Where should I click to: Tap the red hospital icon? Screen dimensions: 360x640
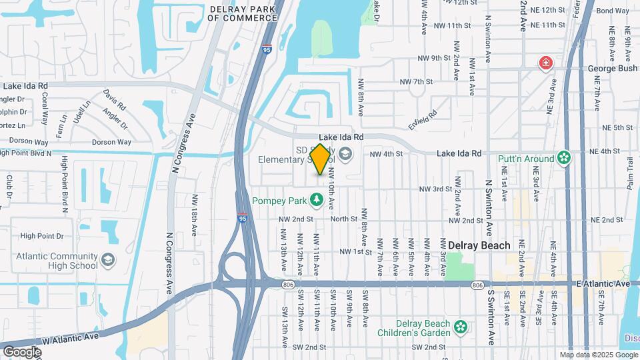tap(546, 63)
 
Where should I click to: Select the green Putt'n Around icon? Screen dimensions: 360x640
tap(565, 158)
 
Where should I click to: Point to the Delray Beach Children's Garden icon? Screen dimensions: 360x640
tap(459, 327)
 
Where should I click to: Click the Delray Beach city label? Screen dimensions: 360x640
tap(479, 245)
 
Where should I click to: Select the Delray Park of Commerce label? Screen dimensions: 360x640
tap(242, 13)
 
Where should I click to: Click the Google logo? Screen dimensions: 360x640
tap(22, 351)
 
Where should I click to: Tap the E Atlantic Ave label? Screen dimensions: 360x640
tap(602, 284)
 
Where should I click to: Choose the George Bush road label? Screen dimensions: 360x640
tap(613, 69)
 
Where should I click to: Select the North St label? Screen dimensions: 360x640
tap(344, 219)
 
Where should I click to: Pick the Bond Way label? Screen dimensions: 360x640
tap(613, 11)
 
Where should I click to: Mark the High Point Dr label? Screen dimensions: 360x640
tap(41, 235)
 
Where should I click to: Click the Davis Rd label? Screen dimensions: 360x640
tap(114, 100)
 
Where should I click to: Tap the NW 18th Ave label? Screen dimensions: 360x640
tap(195, 209)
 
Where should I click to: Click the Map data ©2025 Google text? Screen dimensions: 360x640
tap(598, 355)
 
